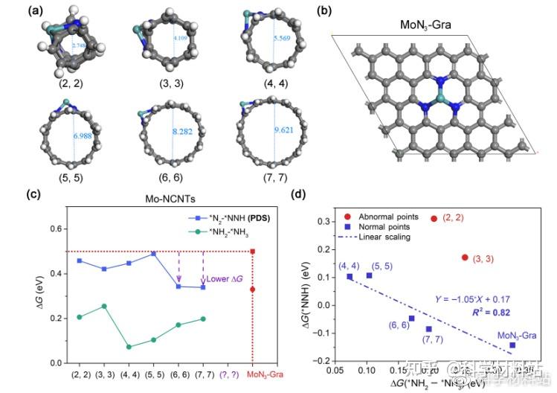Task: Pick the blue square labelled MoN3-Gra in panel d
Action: pos(512,345)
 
